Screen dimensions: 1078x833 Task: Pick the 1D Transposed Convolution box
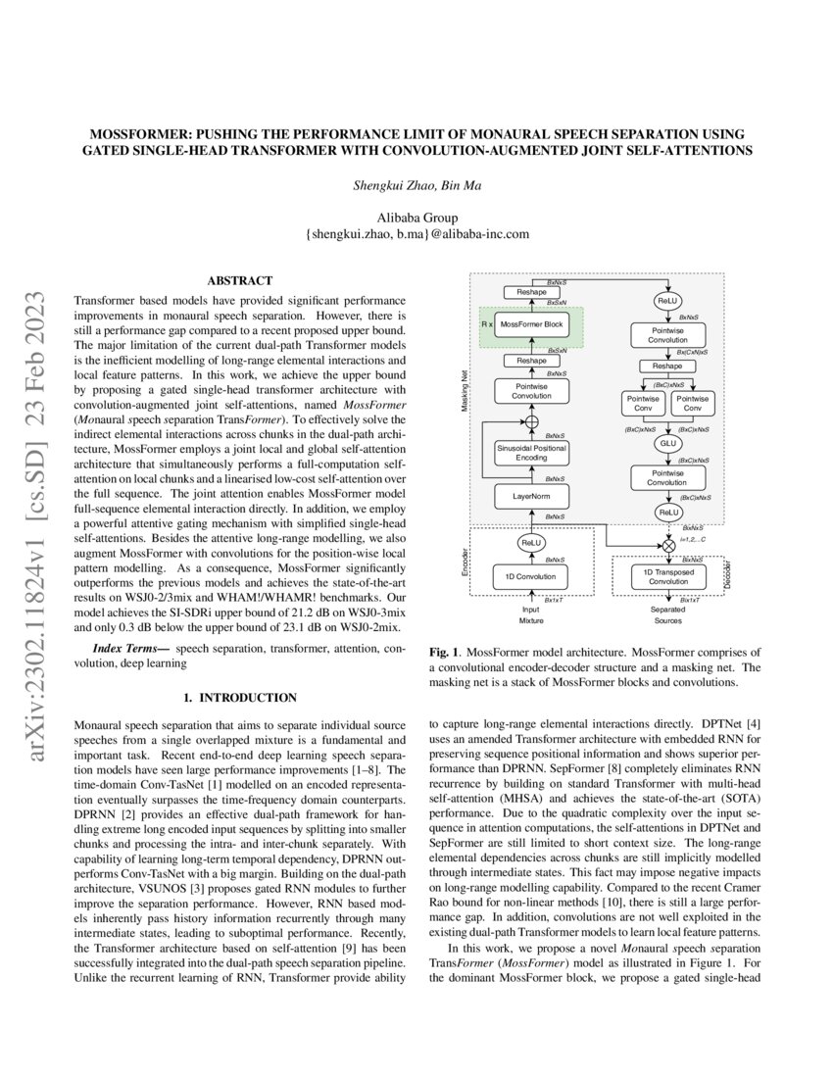point(669,576)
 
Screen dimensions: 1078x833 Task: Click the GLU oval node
point(668,443)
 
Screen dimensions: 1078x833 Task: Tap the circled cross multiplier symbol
point(669,544)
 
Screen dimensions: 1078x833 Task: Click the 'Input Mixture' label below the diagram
point(531,614)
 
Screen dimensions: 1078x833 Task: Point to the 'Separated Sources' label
point(668,614)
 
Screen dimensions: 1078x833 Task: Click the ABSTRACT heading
point(240,280)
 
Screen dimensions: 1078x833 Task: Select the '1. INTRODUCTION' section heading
point(240,698)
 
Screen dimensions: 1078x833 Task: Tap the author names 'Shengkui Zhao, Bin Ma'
point(416,184)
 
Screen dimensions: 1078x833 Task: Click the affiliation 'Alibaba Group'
point(416,218)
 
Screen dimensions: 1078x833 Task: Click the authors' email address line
point(416,234)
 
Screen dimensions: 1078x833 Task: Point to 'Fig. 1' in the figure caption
point(446,652)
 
